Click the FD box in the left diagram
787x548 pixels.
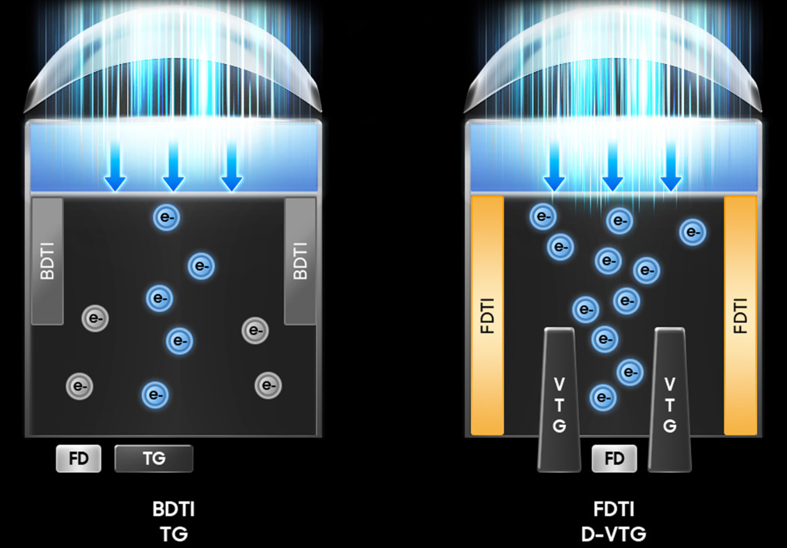79,459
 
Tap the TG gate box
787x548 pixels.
154,459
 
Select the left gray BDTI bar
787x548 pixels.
47,260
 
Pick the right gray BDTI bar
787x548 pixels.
300,260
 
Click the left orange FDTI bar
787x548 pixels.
487,315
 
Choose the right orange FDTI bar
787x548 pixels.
740,315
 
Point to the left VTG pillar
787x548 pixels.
559,400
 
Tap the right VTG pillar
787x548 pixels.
669,400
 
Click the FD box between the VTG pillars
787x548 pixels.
614,459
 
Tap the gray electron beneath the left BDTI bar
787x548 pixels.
95,318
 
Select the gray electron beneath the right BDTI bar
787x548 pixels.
255,330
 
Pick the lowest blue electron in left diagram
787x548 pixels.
154,395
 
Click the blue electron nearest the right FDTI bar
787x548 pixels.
692,233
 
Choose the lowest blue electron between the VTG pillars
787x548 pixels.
603,398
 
